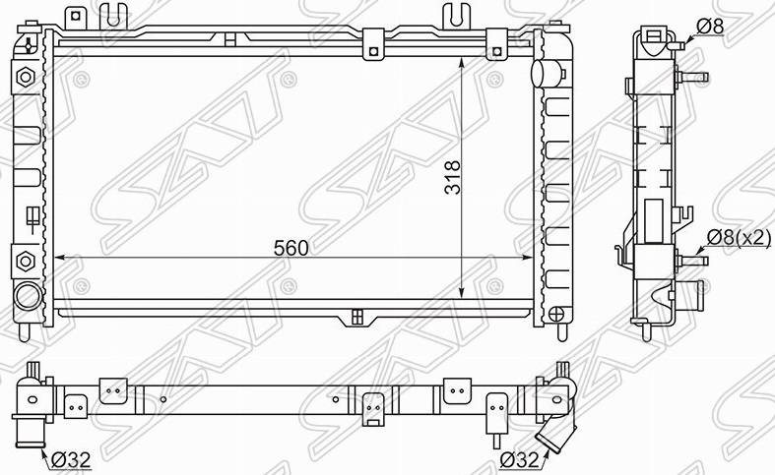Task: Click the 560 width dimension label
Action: pyautogui.click(x=291, y=248)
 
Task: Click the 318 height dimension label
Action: pyautogui.click(x=452, y=177)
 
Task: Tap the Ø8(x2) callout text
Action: pyautogui.click(x=739, y=238)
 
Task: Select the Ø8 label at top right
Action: pyautogui.click(x=710, y=27)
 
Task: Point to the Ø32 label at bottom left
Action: pyautogui.click(x=71, y=459)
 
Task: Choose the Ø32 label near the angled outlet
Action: pyautogui.click(x=520, y=459)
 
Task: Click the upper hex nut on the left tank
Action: pyautogui.click(x=26, y=77)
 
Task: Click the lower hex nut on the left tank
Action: pyautogui.click(x=26, y=261)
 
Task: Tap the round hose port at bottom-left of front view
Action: pyautogui.click(x=28, y=296)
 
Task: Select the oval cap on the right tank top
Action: pyautogui.click(x=544, y=73)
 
